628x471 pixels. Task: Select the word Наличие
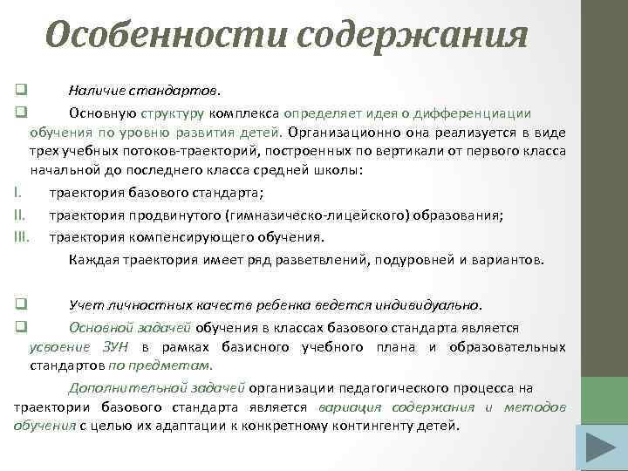tap(93, 90)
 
